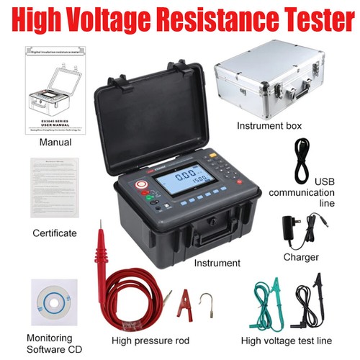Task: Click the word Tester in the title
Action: point(310,19)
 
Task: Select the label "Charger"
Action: point(300,256)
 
